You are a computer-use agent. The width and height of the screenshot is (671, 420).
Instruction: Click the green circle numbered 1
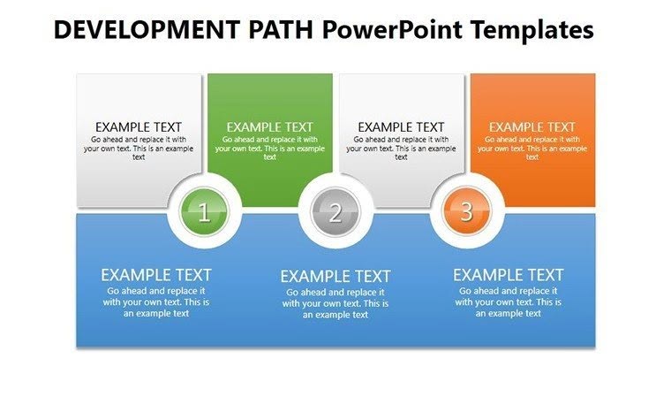[204, 212]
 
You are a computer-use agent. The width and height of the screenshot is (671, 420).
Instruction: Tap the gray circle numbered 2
[335, 212]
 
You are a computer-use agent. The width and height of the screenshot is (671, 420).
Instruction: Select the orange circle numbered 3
[466, 212]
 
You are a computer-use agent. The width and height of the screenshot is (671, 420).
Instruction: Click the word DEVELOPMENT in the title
[141, 30]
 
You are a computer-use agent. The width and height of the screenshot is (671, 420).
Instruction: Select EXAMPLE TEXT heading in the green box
[269, 127]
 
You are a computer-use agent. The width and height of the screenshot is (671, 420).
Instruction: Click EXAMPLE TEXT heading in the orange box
[532, 127]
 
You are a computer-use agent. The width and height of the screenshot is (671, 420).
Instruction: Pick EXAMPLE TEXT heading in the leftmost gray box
[139, 127]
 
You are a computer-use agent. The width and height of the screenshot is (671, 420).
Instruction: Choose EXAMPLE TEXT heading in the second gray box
[401, 127]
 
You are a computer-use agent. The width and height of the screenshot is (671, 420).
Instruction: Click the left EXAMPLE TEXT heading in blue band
[156, 275]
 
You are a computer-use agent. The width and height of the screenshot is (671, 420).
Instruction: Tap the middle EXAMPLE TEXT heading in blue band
[335, 277]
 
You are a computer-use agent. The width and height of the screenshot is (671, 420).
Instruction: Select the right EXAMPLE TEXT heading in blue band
[508, 275]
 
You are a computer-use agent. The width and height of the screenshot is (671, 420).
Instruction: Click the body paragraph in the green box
[269, 148]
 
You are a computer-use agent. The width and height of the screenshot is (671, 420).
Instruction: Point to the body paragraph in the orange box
[532, 148]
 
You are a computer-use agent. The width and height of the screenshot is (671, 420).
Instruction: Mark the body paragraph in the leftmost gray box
[139, 148]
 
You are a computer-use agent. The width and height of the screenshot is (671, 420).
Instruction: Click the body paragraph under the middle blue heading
[335, 303]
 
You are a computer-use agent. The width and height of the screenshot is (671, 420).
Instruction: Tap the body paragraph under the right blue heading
[508, 302]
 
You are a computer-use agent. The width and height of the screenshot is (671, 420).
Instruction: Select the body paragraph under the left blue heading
[156, 302]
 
